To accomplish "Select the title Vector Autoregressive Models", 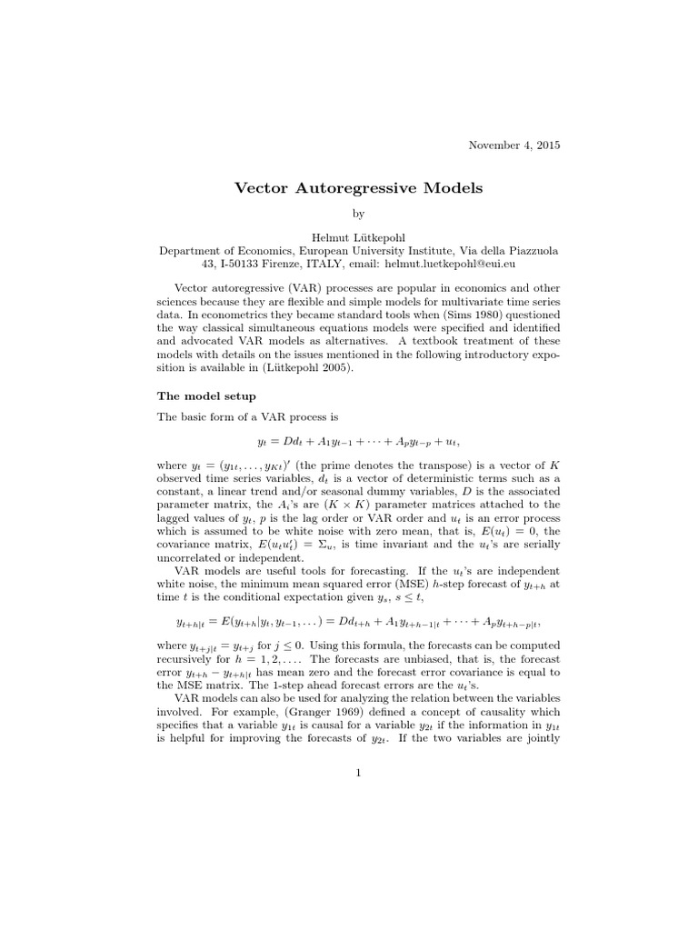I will click(359, 188).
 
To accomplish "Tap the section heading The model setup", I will click(206, 396).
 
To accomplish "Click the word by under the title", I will click(358, 215).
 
